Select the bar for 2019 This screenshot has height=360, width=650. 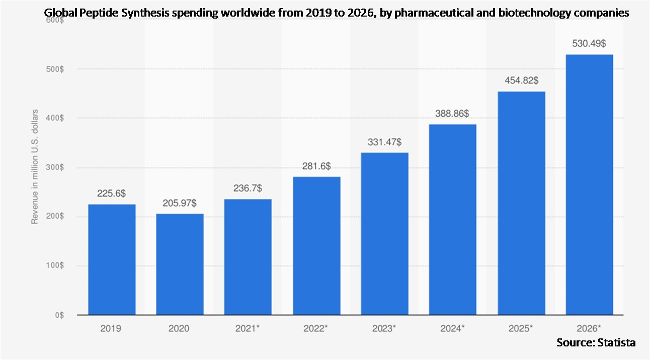pos(112,259)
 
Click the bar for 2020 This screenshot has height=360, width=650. pos(180,264)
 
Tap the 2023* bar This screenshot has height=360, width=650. pos(384,234)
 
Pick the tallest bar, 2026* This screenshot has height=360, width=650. pos(589,185)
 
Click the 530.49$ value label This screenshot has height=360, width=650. pos(589,44)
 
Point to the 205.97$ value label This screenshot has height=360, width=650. pos(180,203)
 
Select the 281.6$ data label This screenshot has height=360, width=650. pos(316,166)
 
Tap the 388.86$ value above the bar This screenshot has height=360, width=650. pos(452,114)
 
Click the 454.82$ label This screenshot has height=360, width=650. pos(521,80)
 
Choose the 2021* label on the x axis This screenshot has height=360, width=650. pos(248,328)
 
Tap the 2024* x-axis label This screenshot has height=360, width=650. pos(452,328)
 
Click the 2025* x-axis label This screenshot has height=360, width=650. pos(521,328)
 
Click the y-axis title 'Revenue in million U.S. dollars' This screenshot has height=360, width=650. pos(35,166)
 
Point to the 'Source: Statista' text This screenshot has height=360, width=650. pos(596,342)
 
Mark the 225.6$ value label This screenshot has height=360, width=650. pos(112,193)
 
